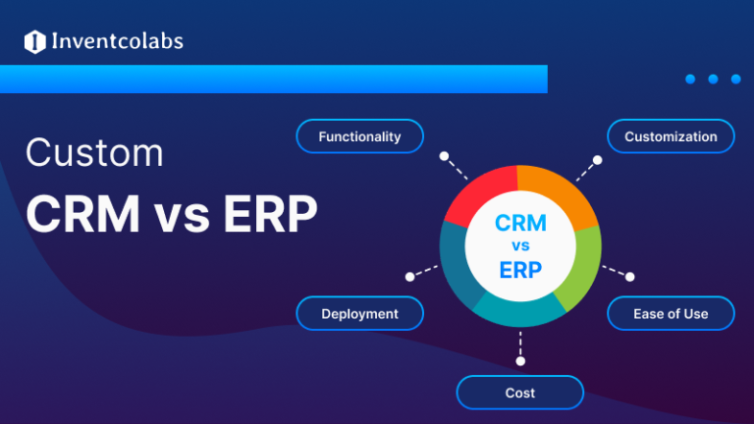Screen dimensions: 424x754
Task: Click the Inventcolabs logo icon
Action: point(35,41)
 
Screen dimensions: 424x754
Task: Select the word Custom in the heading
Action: point(94,154)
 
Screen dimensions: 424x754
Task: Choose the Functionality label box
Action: point(359,136)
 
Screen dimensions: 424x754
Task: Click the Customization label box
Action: point(671,136)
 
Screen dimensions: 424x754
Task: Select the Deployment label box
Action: point(359,314)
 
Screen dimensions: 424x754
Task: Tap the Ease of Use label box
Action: point(671,314)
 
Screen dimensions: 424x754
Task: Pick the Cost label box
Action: point(519,393)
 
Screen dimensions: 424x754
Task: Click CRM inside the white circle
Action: point(520,224)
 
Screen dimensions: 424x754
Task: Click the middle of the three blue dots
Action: point(714,79)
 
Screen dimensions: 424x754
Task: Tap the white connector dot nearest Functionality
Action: point(444,155)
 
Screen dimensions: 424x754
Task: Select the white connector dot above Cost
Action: point(519,360)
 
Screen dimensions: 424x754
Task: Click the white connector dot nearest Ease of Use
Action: point(630,277)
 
